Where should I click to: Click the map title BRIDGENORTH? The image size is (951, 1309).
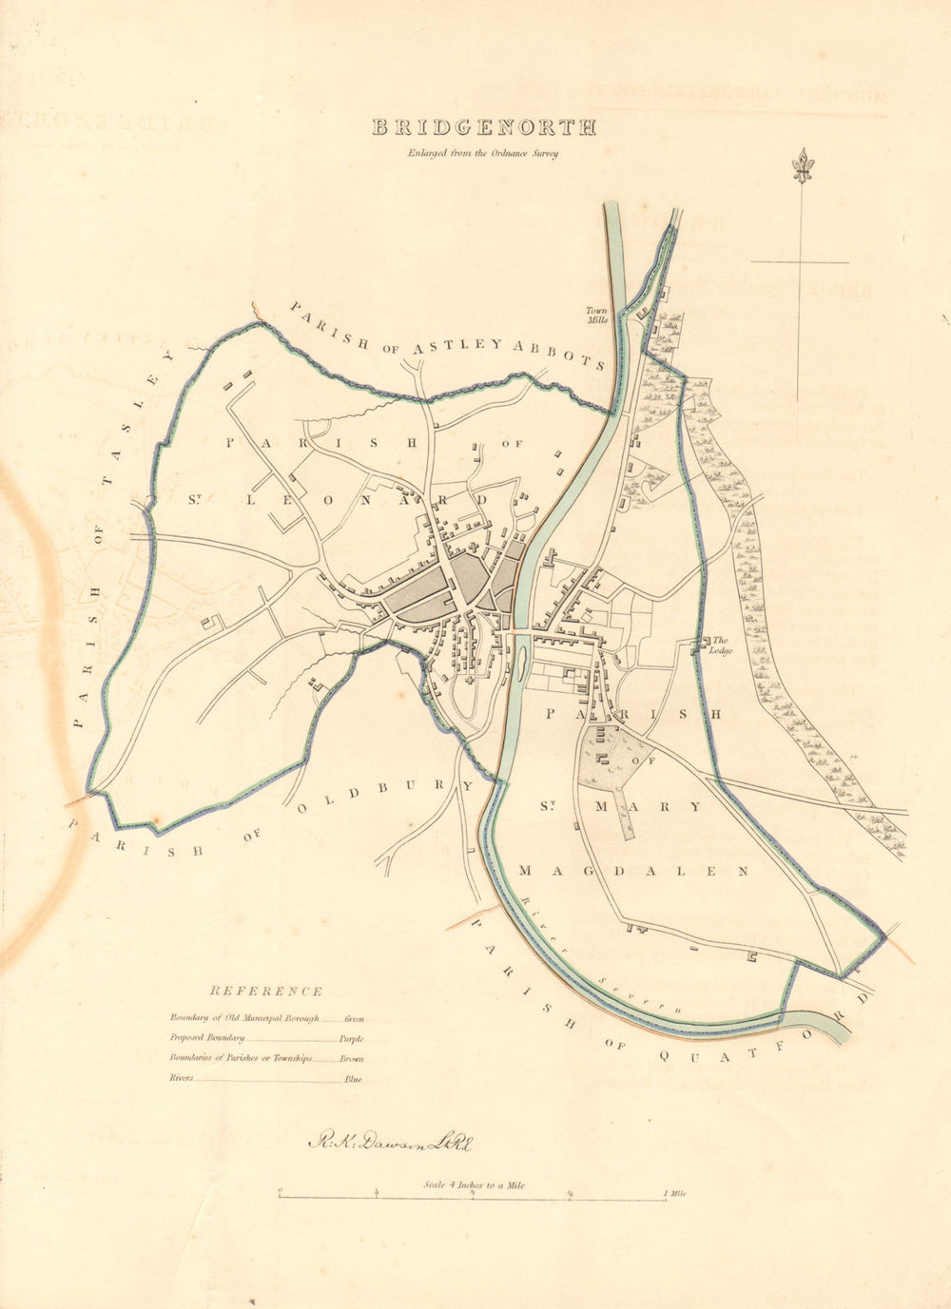(x=483, y=127)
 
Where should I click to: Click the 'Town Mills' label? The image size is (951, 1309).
(x=596, y=316)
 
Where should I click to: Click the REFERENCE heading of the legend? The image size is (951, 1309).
(x=266, y=991)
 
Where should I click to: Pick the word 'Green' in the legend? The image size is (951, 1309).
(x=355, y=1018)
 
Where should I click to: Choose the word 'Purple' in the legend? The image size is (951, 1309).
(x=351, y=1039)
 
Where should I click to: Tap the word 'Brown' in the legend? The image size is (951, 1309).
(x=351, y=1059)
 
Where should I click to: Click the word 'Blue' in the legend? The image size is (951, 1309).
(x=353, y=1080)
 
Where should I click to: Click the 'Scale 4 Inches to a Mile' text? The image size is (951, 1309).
(x=475, y=1184)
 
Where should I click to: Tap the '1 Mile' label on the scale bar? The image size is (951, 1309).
(x=675, y=1193)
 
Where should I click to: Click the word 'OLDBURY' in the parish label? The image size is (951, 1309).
(x=384, y=797)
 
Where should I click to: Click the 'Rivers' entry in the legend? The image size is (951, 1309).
(x=184, y=1079)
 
